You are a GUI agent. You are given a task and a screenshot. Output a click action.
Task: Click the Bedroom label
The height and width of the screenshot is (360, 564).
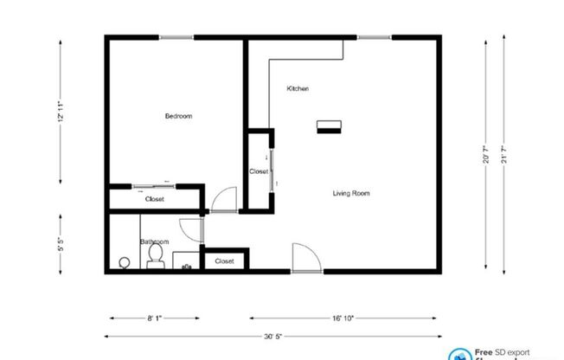178,116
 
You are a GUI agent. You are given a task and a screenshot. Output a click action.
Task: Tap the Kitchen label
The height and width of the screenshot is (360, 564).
298,89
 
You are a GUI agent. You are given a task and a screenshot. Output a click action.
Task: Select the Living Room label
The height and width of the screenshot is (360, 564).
351,193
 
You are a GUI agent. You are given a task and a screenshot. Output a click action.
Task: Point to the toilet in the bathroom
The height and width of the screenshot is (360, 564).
155,254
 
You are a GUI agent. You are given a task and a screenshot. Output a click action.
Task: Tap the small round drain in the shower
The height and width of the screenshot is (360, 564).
124,261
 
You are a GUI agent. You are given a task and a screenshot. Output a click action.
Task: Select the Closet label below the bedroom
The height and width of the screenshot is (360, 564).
155,200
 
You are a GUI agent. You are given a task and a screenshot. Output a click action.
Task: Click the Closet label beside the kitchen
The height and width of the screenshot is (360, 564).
259,171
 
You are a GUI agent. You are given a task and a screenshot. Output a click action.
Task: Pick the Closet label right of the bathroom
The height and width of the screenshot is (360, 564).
224,260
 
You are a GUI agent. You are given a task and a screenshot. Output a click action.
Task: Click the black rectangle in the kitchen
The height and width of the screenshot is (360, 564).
329,126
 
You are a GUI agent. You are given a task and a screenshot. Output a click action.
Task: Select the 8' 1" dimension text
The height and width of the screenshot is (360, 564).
155,318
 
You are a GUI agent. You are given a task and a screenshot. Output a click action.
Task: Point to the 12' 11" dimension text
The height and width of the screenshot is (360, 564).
61,110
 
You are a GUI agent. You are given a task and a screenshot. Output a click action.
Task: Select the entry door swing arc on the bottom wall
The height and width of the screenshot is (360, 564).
305,257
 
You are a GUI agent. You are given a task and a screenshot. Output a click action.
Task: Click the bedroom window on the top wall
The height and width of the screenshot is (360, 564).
176,37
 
